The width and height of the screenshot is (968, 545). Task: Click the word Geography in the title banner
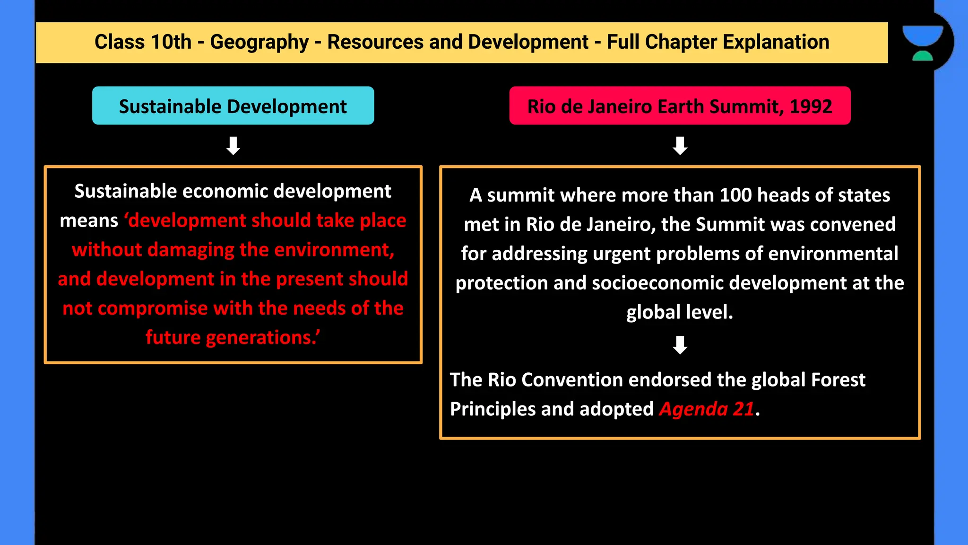(x=259, y=43)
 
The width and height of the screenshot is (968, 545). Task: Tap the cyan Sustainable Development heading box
(x=233, y=106)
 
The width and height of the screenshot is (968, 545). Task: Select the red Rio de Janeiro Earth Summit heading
(x=680, y=106)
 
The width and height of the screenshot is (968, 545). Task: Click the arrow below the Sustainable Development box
(x=233, y=146)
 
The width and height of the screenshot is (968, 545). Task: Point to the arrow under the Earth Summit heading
(x=680, y=146)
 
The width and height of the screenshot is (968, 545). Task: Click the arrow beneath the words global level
(x=680, y=345)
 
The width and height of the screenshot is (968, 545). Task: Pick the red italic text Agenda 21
(x=707, y=409)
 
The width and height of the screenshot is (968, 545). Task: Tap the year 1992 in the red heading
(x=811, y=106)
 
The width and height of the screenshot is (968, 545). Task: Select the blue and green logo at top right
(x=923, y=43)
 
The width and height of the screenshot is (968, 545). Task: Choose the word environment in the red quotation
(x=332, y=250)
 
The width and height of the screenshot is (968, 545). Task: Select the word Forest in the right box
(x=838, y=380)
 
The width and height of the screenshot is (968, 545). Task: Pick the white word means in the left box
(x=89, y=221)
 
